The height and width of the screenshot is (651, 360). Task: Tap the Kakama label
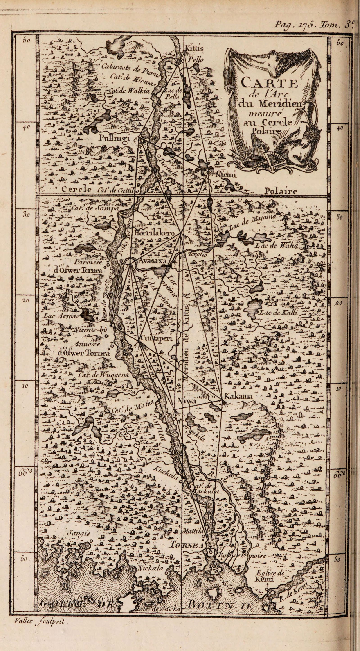pyautogui.click(x=238, y=397)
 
